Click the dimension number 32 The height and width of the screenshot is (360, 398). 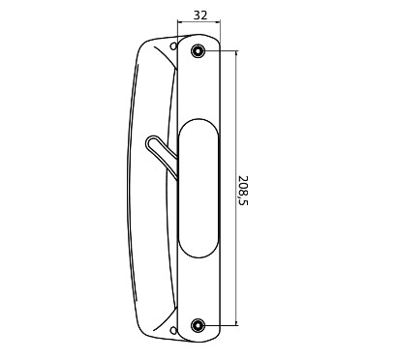[x=200, y=15]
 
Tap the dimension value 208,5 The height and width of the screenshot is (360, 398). [x=243, y=191]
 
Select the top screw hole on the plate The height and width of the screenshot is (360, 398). [x=198, y=50]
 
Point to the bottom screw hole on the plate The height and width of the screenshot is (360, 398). [x=198, y=325]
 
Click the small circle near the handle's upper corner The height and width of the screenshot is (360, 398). [x=173, y=46]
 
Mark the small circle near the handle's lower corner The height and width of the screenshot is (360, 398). [x=173, y=330]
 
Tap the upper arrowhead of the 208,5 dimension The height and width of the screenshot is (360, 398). [x=236, y=53]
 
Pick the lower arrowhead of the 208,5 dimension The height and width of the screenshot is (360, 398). [x=236, y=323]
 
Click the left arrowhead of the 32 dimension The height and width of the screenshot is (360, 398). [x=180, y=22]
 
